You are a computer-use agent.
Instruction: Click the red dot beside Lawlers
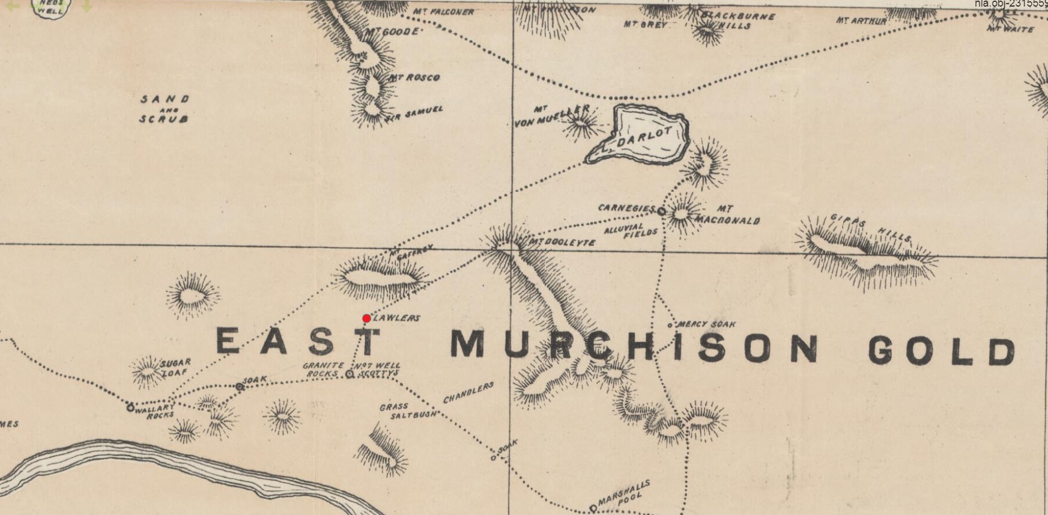pyautogui.click(x=366, y=318)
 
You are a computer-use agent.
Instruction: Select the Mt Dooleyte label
pyautogui.click(x=563, y=242)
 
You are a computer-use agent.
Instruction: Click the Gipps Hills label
pyautogui.click(x=871, y=229)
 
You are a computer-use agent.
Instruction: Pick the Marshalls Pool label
pyautogui.click(x=625, y=491)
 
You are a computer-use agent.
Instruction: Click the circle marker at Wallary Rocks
pyautogui.click(x=130, y=407)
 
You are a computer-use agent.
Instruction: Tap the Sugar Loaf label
pyautogui.click(x=175, y=367)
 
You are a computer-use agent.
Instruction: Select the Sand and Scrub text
pyautogui.click(x=165, y=109)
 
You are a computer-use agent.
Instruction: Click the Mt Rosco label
pyautogui.click(x=414, y=78)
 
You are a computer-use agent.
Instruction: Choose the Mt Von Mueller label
pyautogui.click(x=550, y=116)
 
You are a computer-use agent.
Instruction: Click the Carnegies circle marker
pyautogui.click(x=661, y=212)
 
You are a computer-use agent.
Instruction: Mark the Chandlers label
pyautogui.click(x=468, y=392)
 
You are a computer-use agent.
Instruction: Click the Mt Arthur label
pyautogui.click(x=861, y=21)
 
